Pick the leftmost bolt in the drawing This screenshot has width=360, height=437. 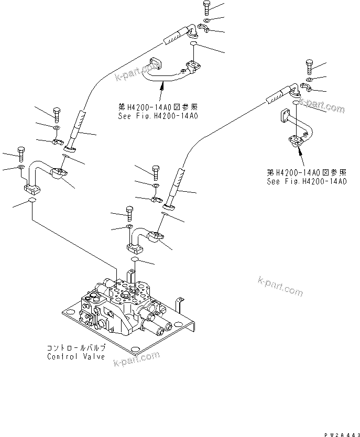[x=21, y=154]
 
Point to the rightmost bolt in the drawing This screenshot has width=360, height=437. [x=309, y=67]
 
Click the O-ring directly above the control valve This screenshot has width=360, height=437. [x=134, y=259]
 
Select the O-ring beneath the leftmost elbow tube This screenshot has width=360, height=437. [x=31, y=201]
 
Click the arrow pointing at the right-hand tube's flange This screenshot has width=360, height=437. [x=299, y=152]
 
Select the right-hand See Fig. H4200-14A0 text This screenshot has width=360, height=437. [x=306, y=181]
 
